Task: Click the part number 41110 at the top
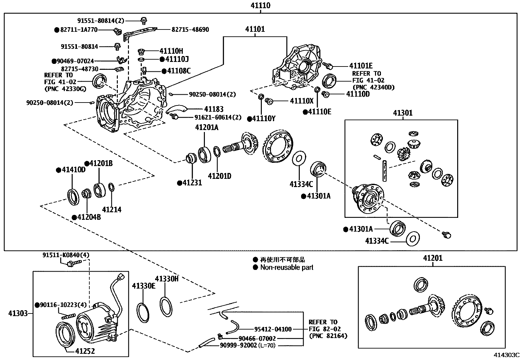pos(260,6)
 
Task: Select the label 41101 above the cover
pos(255,29)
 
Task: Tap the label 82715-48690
pos(190,29)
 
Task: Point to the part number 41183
pos(214,109)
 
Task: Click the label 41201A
pos(207,127)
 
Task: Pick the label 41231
pos(192,183)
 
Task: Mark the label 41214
pos(112,210)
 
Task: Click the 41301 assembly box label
pos(403,113)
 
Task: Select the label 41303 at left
pos(18,313)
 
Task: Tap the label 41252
pos(85,351)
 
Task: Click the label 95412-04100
pos(273,329)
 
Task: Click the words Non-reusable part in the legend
pos(287,267)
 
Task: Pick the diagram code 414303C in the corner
pos(507,355)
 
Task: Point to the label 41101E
pos(361,66)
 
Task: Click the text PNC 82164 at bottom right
pos(328,336)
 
